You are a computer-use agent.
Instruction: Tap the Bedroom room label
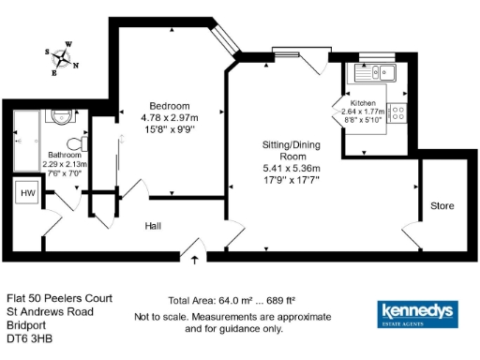pyautogui.click(x=170, y=105)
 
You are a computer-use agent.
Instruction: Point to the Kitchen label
pyautogui.click(x=363, y=102)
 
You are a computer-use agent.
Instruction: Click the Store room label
pyautogui.click(x=442, y=204)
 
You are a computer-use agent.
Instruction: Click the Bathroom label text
pyautogui.click(x=63, y=156)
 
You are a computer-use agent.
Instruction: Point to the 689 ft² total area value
pyautogui.click(x=280, y=301)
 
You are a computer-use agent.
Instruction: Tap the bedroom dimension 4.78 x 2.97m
pyautogui.click(x=170, y=117)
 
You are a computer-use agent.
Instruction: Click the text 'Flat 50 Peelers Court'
pyautogui.click(x=59, y=297)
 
